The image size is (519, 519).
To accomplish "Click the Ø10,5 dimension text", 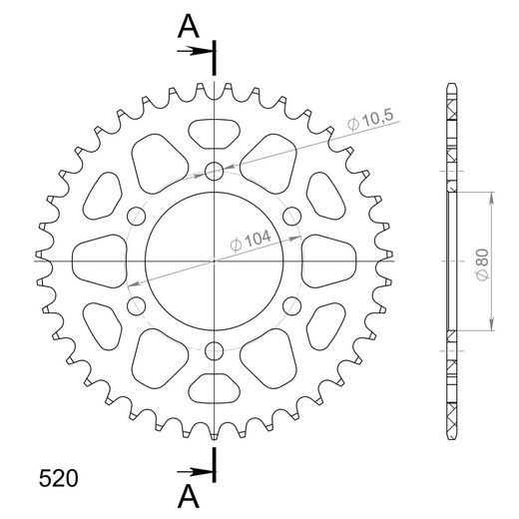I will point(372,122).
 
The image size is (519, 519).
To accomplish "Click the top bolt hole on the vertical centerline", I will point(215,171).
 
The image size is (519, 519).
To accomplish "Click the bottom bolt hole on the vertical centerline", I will point(215,350).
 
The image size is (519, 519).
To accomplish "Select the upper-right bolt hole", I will point(292,216).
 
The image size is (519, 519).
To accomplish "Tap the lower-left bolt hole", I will point(137,305).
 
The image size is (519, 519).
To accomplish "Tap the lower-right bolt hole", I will point(292,305).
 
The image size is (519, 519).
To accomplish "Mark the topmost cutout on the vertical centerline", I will point(215,132).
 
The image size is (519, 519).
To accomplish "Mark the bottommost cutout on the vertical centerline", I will point(215,389).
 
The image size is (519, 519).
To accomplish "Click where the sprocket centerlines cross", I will point(215,260).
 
